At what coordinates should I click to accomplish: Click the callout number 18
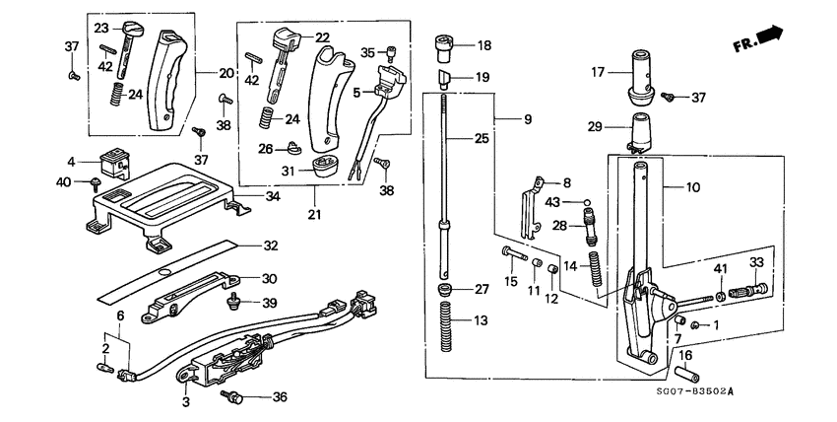coord(483,45)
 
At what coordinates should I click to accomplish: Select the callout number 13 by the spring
coord(480,320)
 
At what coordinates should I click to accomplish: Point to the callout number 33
coord(756,262)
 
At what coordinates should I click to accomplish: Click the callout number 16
coord(686,357)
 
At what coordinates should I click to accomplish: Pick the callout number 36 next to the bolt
coord(280,397)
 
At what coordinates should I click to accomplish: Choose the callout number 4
coord(71,161)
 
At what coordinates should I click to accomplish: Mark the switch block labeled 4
coord(113,161)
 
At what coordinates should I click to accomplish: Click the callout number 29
coord(594,127)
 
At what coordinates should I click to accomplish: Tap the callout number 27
coord(483,290)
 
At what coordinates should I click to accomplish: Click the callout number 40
coord(64,182)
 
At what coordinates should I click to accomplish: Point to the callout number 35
coord(366,52)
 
